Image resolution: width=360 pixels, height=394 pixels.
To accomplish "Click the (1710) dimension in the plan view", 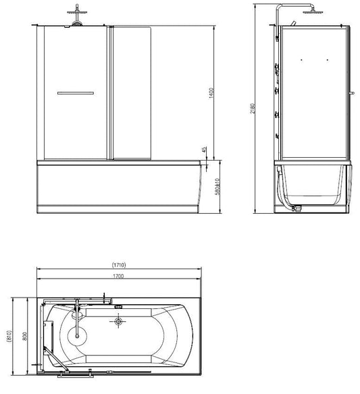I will tap(119, 265).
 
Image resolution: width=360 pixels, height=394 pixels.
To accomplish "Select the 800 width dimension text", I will tap(23, 335).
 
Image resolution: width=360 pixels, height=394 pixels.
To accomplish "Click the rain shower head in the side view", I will tap(312, 11).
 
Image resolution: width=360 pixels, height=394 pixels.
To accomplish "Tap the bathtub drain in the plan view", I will tap(120, 322).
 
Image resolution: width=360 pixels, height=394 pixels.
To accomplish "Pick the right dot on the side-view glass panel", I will tap(328, 61).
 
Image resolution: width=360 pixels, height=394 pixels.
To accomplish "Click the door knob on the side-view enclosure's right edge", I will tap(352, 92).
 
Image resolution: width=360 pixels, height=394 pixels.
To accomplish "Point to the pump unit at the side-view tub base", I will tap(296, 209).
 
